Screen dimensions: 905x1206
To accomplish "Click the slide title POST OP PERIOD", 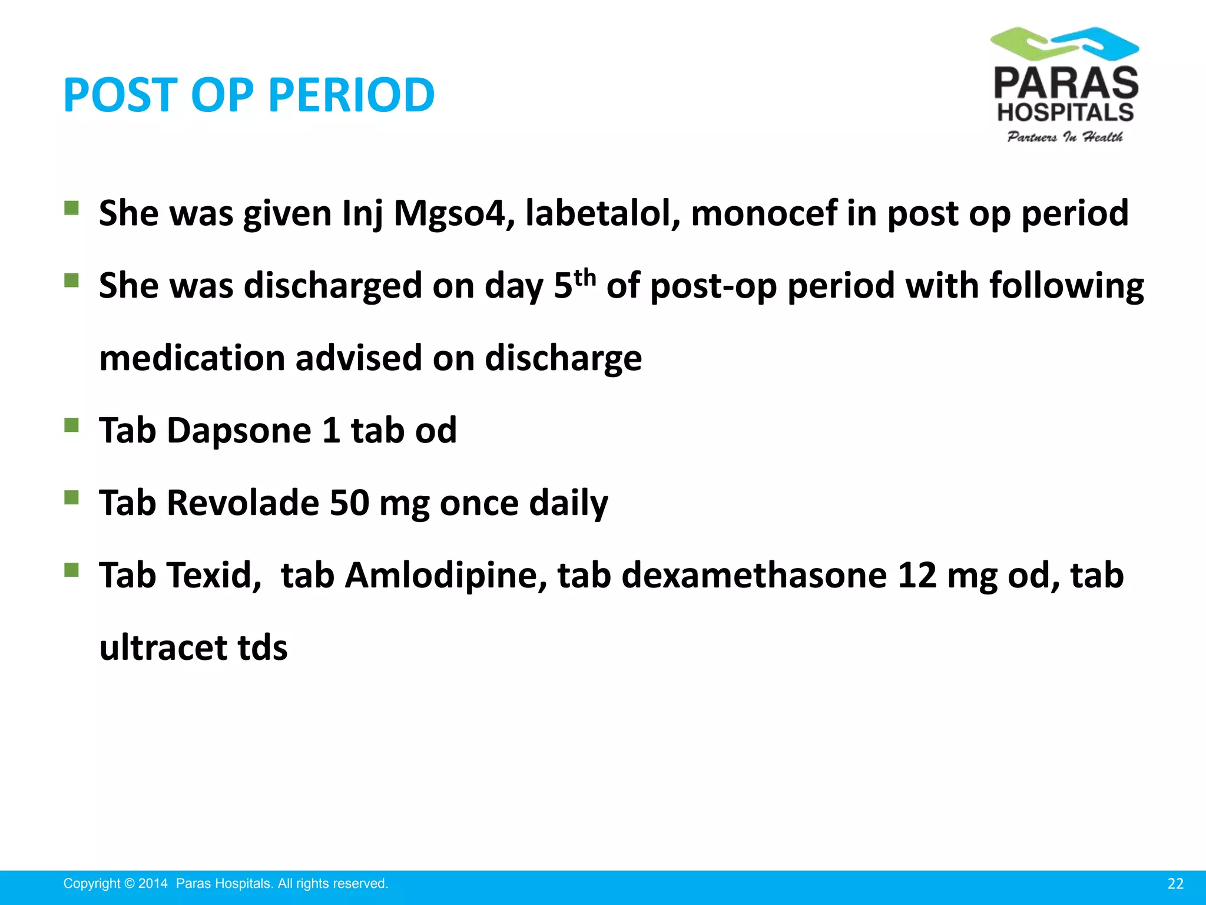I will [x=249, y=95].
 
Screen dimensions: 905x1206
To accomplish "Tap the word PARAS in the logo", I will [x=1066, y=84].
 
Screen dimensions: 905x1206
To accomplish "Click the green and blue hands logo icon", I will [x=1065, y=43].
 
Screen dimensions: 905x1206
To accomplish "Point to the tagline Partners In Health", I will [x=1065, y=137].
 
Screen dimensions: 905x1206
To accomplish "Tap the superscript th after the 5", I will [x=585, y=277].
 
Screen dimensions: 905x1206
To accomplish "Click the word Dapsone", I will [x=239, y=430].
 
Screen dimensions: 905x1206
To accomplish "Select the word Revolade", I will [x=243, y=503].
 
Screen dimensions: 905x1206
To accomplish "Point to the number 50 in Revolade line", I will [x=349, y=503].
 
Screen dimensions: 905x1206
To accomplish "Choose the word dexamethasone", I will [x=754, y=575].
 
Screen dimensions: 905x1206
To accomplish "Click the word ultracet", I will [x=163, y=648].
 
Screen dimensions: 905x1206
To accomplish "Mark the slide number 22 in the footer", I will [x=1175, y=884].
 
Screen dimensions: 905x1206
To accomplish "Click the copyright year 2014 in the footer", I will [x=153, y=884].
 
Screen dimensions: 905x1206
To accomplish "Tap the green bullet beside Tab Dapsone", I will [x=71, y=425].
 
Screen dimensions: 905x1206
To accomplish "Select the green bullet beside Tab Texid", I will [x=71, y=570].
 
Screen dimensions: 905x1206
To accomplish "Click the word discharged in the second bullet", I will [x=333, y=286].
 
